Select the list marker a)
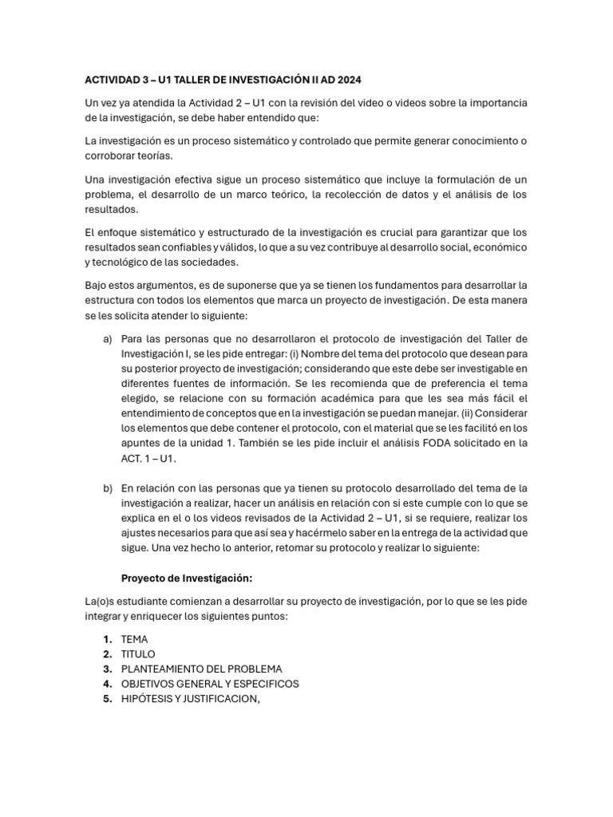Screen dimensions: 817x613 108,338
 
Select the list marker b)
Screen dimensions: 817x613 108,487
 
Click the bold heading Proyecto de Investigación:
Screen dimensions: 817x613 186,578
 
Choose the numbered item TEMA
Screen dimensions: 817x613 134,639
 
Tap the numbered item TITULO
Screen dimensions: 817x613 138,654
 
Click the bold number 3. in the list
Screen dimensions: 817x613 107,669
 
